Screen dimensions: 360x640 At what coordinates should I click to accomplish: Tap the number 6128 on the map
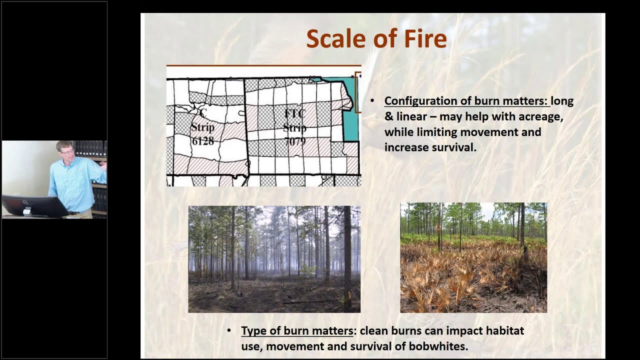(202, 141)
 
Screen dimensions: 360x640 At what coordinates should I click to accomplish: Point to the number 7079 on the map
(294, 141)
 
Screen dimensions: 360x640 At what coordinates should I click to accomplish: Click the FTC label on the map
(295, 113)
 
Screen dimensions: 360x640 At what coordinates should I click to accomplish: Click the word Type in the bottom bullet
(252, 331)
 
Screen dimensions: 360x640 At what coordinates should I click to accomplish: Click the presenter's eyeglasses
(66, 150)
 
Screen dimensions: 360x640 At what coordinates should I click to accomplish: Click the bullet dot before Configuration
(372, 101)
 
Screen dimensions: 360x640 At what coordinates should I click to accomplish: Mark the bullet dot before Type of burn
(229, 331)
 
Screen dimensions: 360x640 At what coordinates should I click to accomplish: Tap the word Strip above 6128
(202, 127)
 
